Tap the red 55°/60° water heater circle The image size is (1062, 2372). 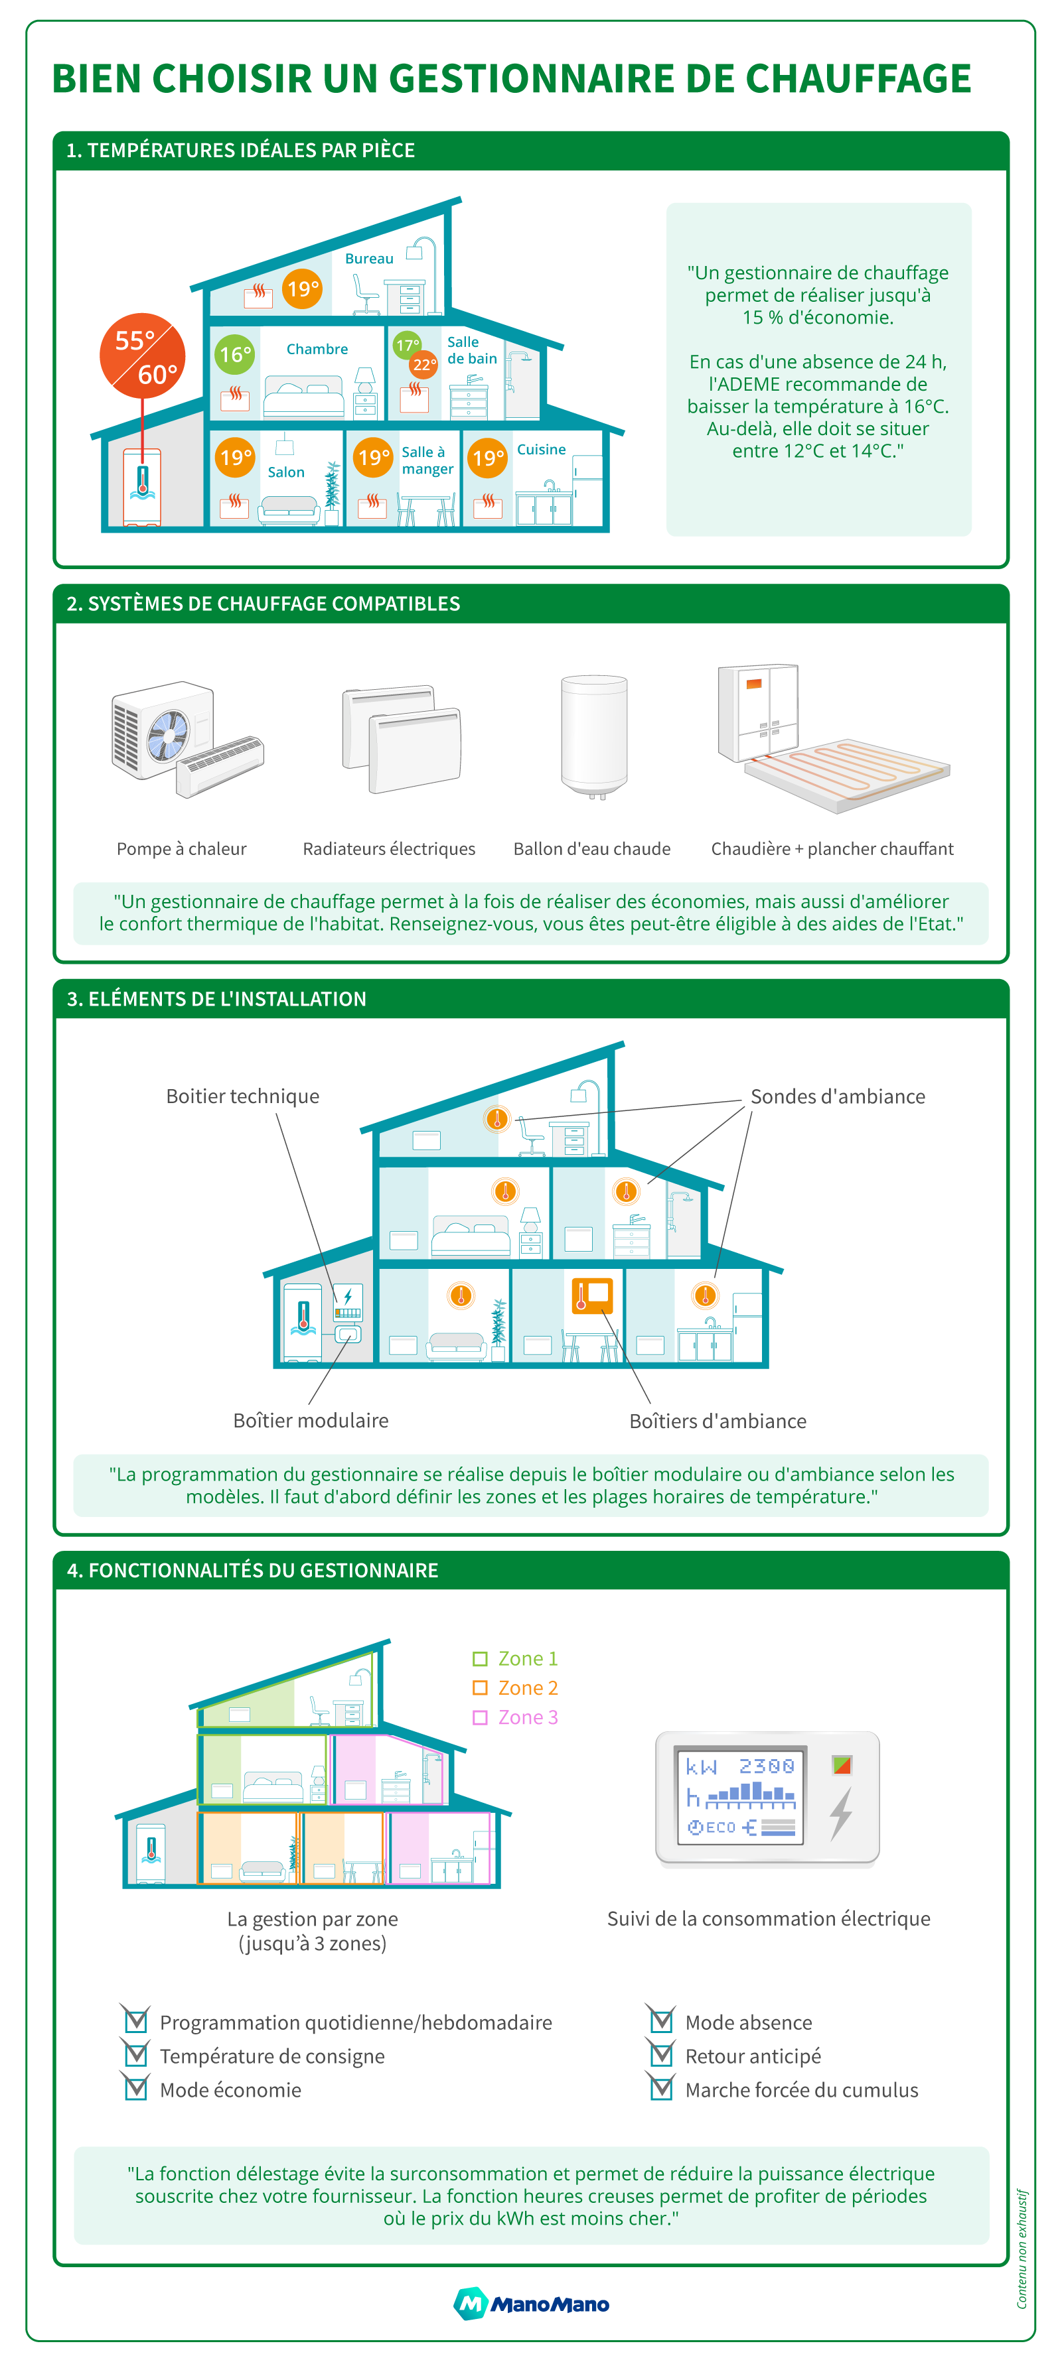point(143,356)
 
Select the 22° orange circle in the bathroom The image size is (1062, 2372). point(423,365)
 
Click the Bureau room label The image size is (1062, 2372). point(368,259)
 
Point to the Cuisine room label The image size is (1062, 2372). point(541,449)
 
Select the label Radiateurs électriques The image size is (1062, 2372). point(389,849)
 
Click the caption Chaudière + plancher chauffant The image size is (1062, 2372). point(832,849)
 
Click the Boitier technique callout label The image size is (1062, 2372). point(242,1096)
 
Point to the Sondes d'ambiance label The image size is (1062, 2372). point(837,1096)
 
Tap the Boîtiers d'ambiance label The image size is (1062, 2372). point(718,1421)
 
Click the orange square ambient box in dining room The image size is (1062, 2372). point(592,1295)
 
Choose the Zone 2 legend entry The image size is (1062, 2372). point(515,1688)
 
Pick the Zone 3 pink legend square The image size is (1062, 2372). point(480,1717)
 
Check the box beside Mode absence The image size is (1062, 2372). point(661,2020)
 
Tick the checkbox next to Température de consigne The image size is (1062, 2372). point(136,2054)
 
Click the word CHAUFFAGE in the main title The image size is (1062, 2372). point(857,79)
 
